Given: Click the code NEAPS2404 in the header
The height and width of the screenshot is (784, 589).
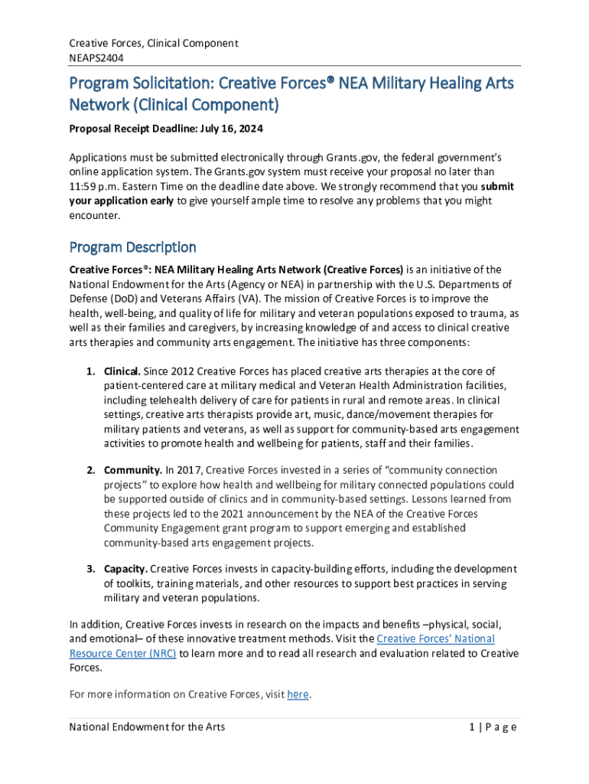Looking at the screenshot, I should point(96,57).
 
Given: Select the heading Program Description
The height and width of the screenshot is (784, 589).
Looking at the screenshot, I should point(132,247).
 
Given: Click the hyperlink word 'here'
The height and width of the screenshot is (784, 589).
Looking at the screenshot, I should point(298,694).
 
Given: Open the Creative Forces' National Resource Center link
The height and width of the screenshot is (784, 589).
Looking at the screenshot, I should point(435,639).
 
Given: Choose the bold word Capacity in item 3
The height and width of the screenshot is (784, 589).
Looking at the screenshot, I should point(125,569).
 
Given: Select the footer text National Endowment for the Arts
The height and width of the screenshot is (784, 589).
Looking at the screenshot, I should point(147,727).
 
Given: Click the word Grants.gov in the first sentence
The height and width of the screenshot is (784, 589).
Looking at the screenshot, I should point(349,157).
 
